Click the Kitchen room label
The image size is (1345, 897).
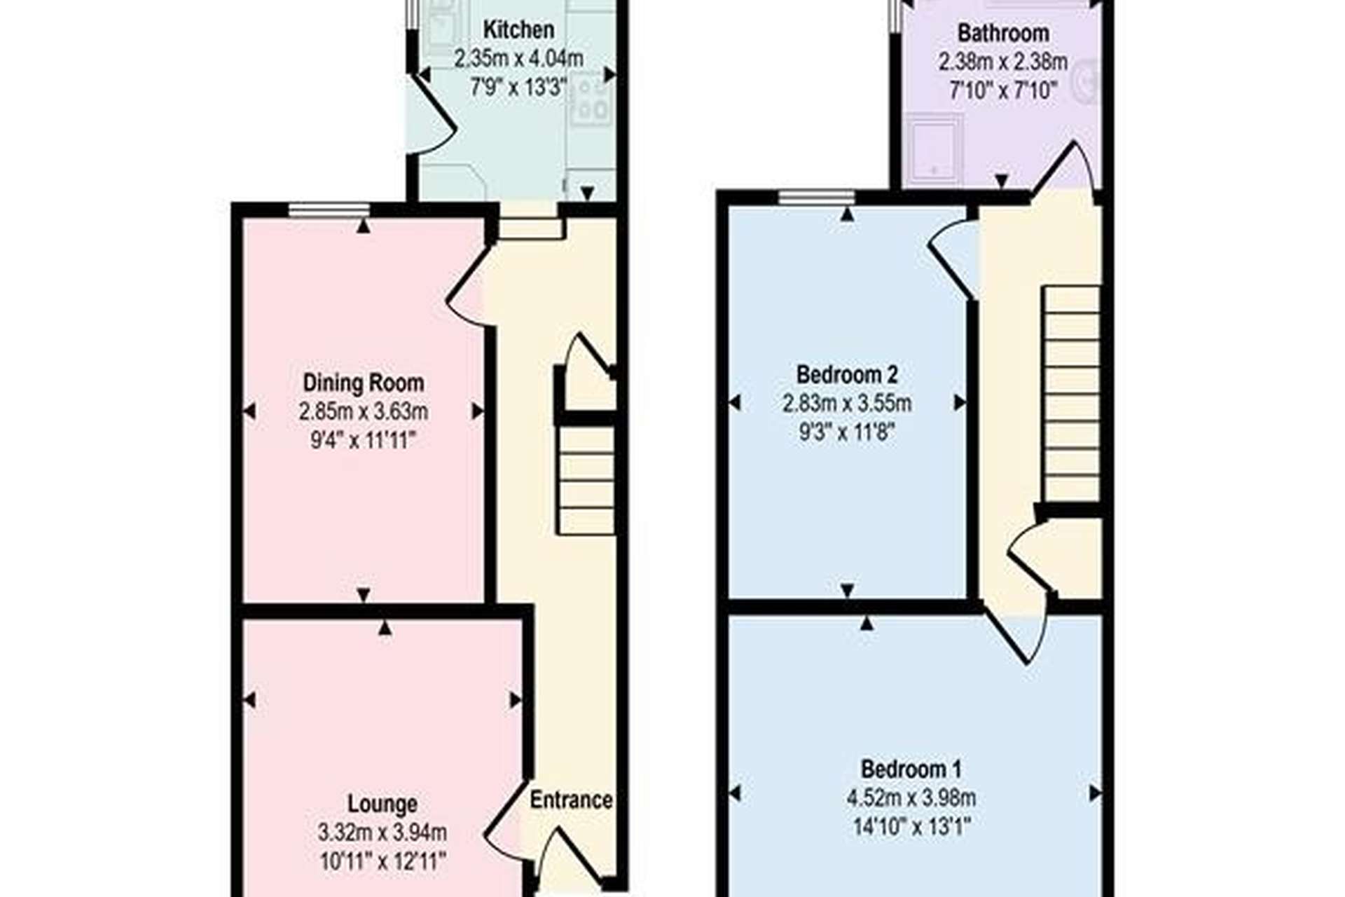[518, 29]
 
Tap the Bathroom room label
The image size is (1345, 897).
[1002, 33]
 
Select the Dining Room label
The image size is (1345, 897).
[363, 383]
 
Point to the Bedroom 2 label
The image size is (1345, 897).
[846, 374]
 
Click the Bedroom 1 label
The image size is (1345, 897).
[911, 769]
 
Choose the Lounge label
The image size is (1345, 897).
[382, 804]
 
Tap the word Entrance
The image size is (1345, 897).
[571, 800]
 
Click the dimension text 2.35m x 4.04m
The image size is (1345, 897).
[518, 58]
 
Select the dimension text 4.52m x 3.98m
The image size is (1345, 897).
[911, 797]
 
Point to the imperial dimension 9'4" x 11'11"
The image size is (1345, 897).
[363, 441]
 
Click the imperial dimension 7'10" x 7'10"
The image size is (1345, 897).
[1002, 90]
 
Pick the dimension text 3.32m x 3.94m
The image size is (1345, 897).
[382, 833]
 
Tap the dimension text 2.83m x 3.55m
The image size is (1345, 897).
[846, 404]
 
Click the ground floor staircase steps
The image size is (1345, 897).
[587, 481]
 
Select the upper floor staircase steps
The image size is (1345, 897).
[1071, 393]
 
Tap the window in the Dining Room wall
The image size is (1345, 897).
[329, 209]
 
